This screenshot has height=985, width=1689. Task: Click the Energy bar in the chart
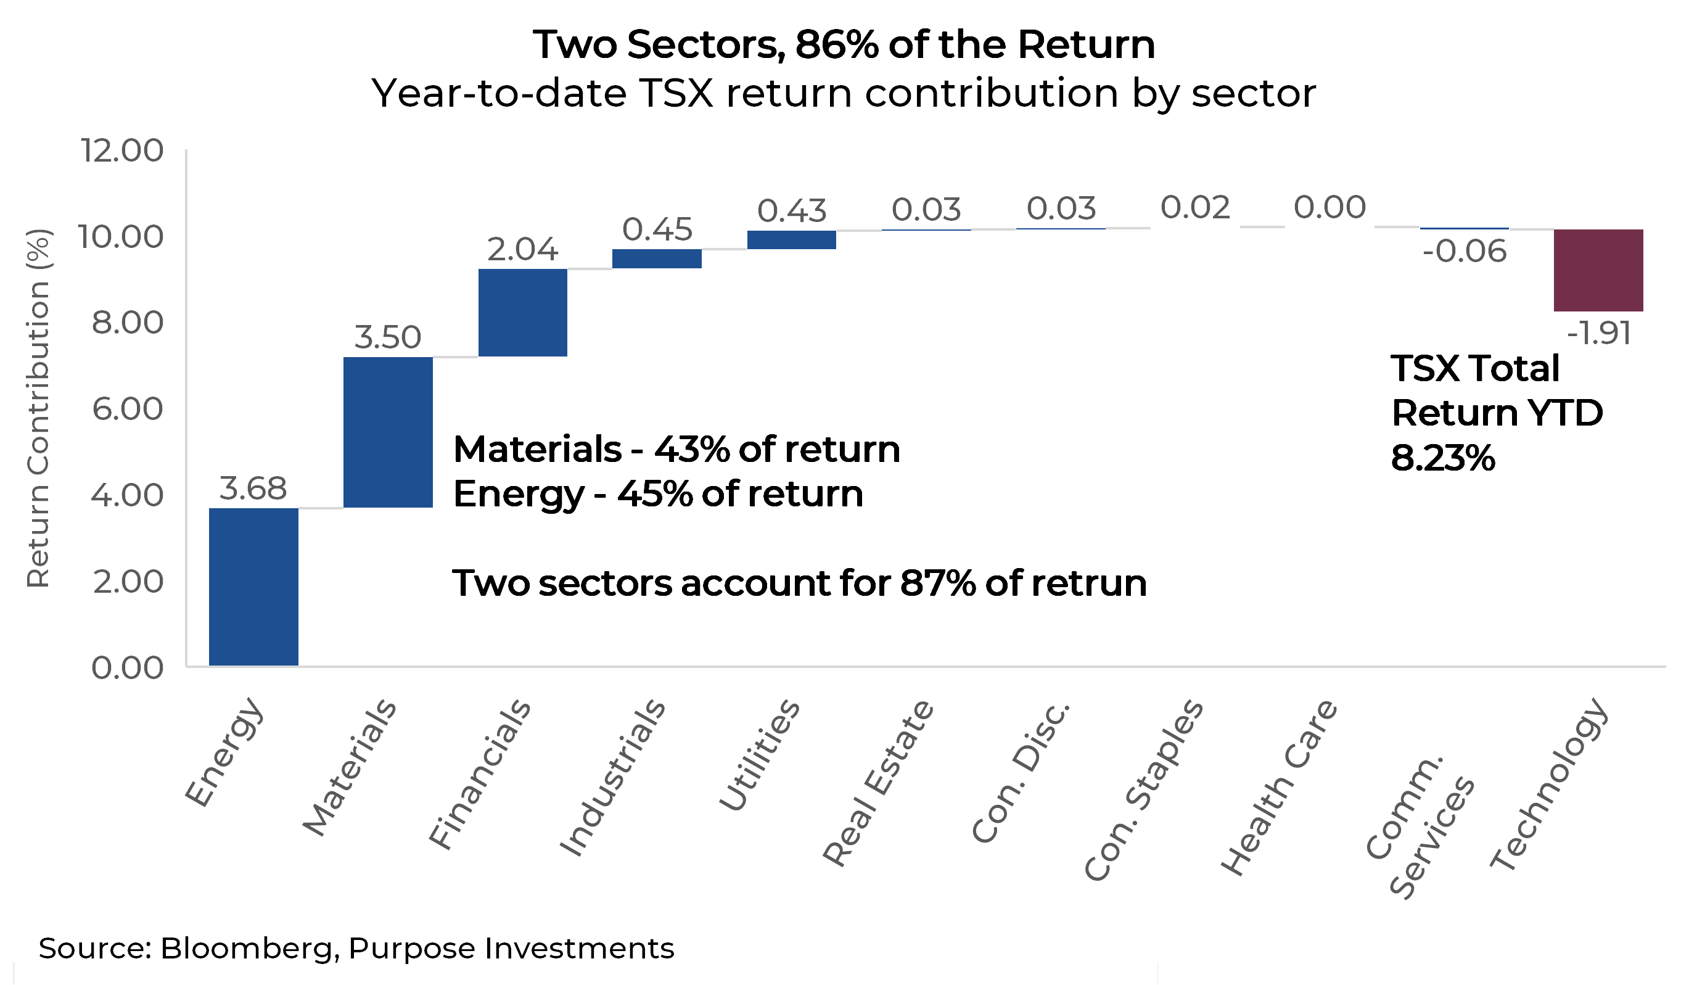[253, 587]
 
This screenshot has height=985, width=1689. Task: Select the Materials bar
[388, 432]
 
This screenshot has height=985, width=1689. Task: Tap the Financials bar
[523, 313]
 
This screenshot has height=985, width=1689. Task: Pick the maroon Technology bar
[1598, 270]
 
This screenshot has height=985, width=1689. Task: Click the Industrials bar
[657, 259]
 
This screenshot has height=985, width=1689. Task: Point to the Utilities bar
[792, 240]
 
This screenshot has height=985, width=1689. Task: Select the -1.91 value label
[1598, 333]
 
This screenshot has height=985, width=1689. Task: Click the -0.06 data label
[1465, 252]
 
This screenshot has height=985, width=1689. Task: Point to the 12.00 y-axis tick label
[122, 150]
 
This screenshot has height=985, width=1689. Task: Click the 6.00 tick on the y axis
[128, 409]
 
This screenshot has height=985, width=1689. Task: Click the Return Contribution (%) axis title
[38, 409]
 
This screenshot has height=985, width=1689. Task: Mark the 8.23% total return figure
[1443, 459]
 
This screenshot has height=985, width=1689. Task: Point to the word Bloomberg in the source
[246, 948]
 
